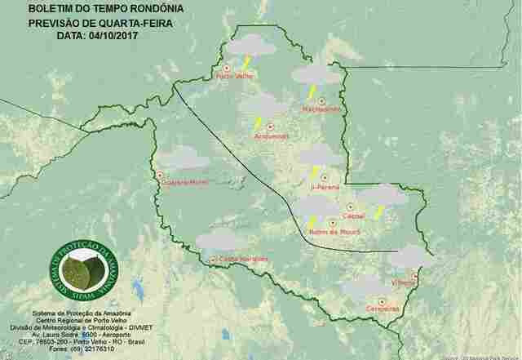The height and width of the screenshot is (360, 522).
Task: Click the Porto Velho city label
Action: click(233, 77)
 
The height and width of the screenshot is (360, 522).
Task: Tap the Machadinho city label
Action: click(321, 109)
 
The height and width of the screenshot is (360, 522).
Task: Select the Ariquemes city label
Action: click(272, 136)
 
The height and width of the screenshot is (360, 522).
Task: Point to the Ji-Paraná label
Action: click(325, 187)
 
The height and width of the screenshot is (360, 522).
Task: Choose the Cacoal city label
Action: click(354, 216)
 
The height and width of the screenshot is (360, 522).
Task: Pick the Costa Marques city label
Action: click(238, 259)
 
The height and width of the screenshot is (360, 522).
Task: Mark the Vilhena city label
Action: click(404, 282)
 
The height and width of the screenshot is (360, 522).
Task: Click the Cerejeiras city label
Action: click(383, 308)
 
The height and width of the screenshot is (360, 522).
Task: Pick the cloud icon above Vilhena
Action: click(409, 257)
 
